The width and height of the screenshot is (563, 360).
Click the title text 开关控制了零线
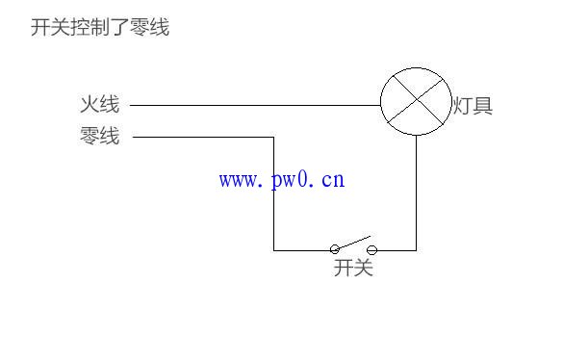click(100, 28)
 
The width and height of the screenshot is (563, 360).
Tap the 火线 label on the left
click(100, 104)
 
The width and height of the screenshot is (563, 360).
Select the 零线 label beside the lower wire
click(100, 137)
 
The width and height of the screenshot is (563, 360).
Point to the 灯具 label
click(473, 105)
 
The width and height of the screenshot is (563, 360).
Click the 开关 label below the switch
click(353, 269)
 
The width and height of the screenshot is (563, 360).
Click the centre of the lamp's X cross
click(416, 101)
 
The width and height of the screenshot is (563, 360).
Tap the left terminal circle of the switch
click(335, 249)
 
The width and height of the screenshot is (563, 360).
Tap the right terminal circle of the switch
click(371, 249)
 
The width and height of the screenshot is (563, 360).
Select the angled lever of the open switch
click(353, 242)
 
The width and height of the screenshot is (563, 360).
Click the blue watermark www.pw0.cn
click(281, 179)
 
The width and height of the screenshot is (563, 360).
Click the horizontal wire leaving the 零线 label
click(202, 137)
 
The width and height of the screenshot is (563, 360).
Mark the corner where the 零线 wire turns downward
click(274, 137)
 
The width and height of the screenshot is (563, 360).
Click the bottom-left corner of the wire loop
click(274, 250)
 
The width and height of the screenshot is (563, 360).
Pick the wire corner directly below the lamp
click(416, 250)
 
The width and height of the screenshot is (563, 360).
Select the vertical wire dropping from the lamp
click(416, 193)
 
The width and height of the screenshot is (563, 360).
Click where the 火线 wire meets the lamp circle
click(381, 104)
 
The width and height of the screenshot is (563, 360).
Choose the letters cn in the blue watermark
click(333, 179)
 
